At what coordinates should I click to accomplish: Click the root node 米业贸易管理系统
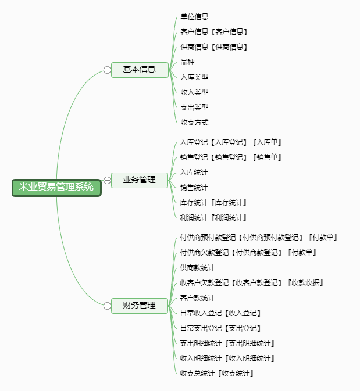(x=56, y=188)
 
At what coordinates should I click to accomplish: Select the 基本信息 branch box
(x=140, y=70)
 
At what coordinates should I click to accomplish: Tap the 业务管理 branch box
(x=140, y=180)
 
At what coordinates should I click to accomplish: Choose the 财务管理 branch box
(x=140, y=306)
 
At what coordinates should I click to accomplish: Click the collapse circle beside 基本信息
(x=107, y=70)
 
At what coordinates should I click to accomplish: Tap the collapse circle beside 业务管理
(x=107, y=180)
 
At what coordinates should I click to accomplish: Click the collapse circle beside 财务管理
(x=107, y=306)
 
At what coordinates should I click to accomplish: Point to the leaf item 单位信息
(x=194, y=17)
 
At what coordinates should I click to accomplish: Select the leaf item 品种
(x=187, y=62)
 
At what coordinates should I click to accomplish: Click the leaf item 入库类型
(x=194, y=77)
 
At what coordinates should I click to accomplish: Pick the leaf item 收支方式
(x=194, y=123)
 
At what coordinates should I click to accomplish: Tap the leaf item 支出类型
(x=194, y=107)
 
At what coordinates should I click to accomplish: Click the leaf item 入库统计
(x=194, y=173)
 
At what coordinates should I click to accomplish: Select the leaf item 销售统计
(x=194, y=188)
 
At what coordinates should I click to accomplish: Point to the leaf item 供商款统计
(x=197, y=268)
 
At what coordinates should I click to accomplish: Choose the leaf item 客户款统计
(x=197, y=298)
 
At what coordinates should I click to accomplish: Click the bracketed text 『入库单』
(x=267, y=142)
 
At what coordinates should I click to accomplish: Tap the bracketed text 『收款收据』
(x=305, y=283)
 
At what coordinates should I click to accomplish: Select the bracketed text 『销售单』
(x=267, y=157)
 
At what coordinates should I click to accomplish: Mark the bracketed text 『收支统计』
(x=236, y=374)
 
